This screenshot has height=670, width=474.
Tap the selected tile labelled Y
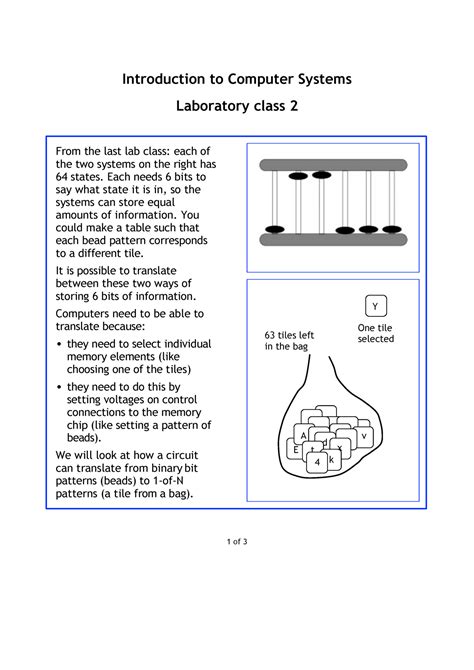pyautogui.click(x=375, y=306)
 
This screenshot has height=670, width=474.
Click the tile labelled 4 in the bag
pyautogui.click(x=317, y=462)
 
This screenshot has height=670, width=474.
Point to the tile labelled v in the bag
pyautogui.click(x=364, y=437)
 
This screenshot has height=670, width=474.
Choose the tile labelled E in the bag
pyautogui.click(x=296, y=450)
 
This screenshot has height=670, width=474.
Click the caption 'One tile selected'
pyautogui.click(x=376, y=333)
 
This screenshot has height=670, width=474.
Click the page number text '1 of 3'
pyautogui.click(x=237, y=541)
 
